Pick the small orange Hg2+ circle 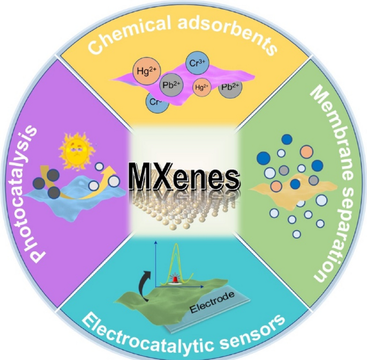(x=203, y=87)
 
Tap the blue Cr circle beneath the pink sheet (x=156, y=101)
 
